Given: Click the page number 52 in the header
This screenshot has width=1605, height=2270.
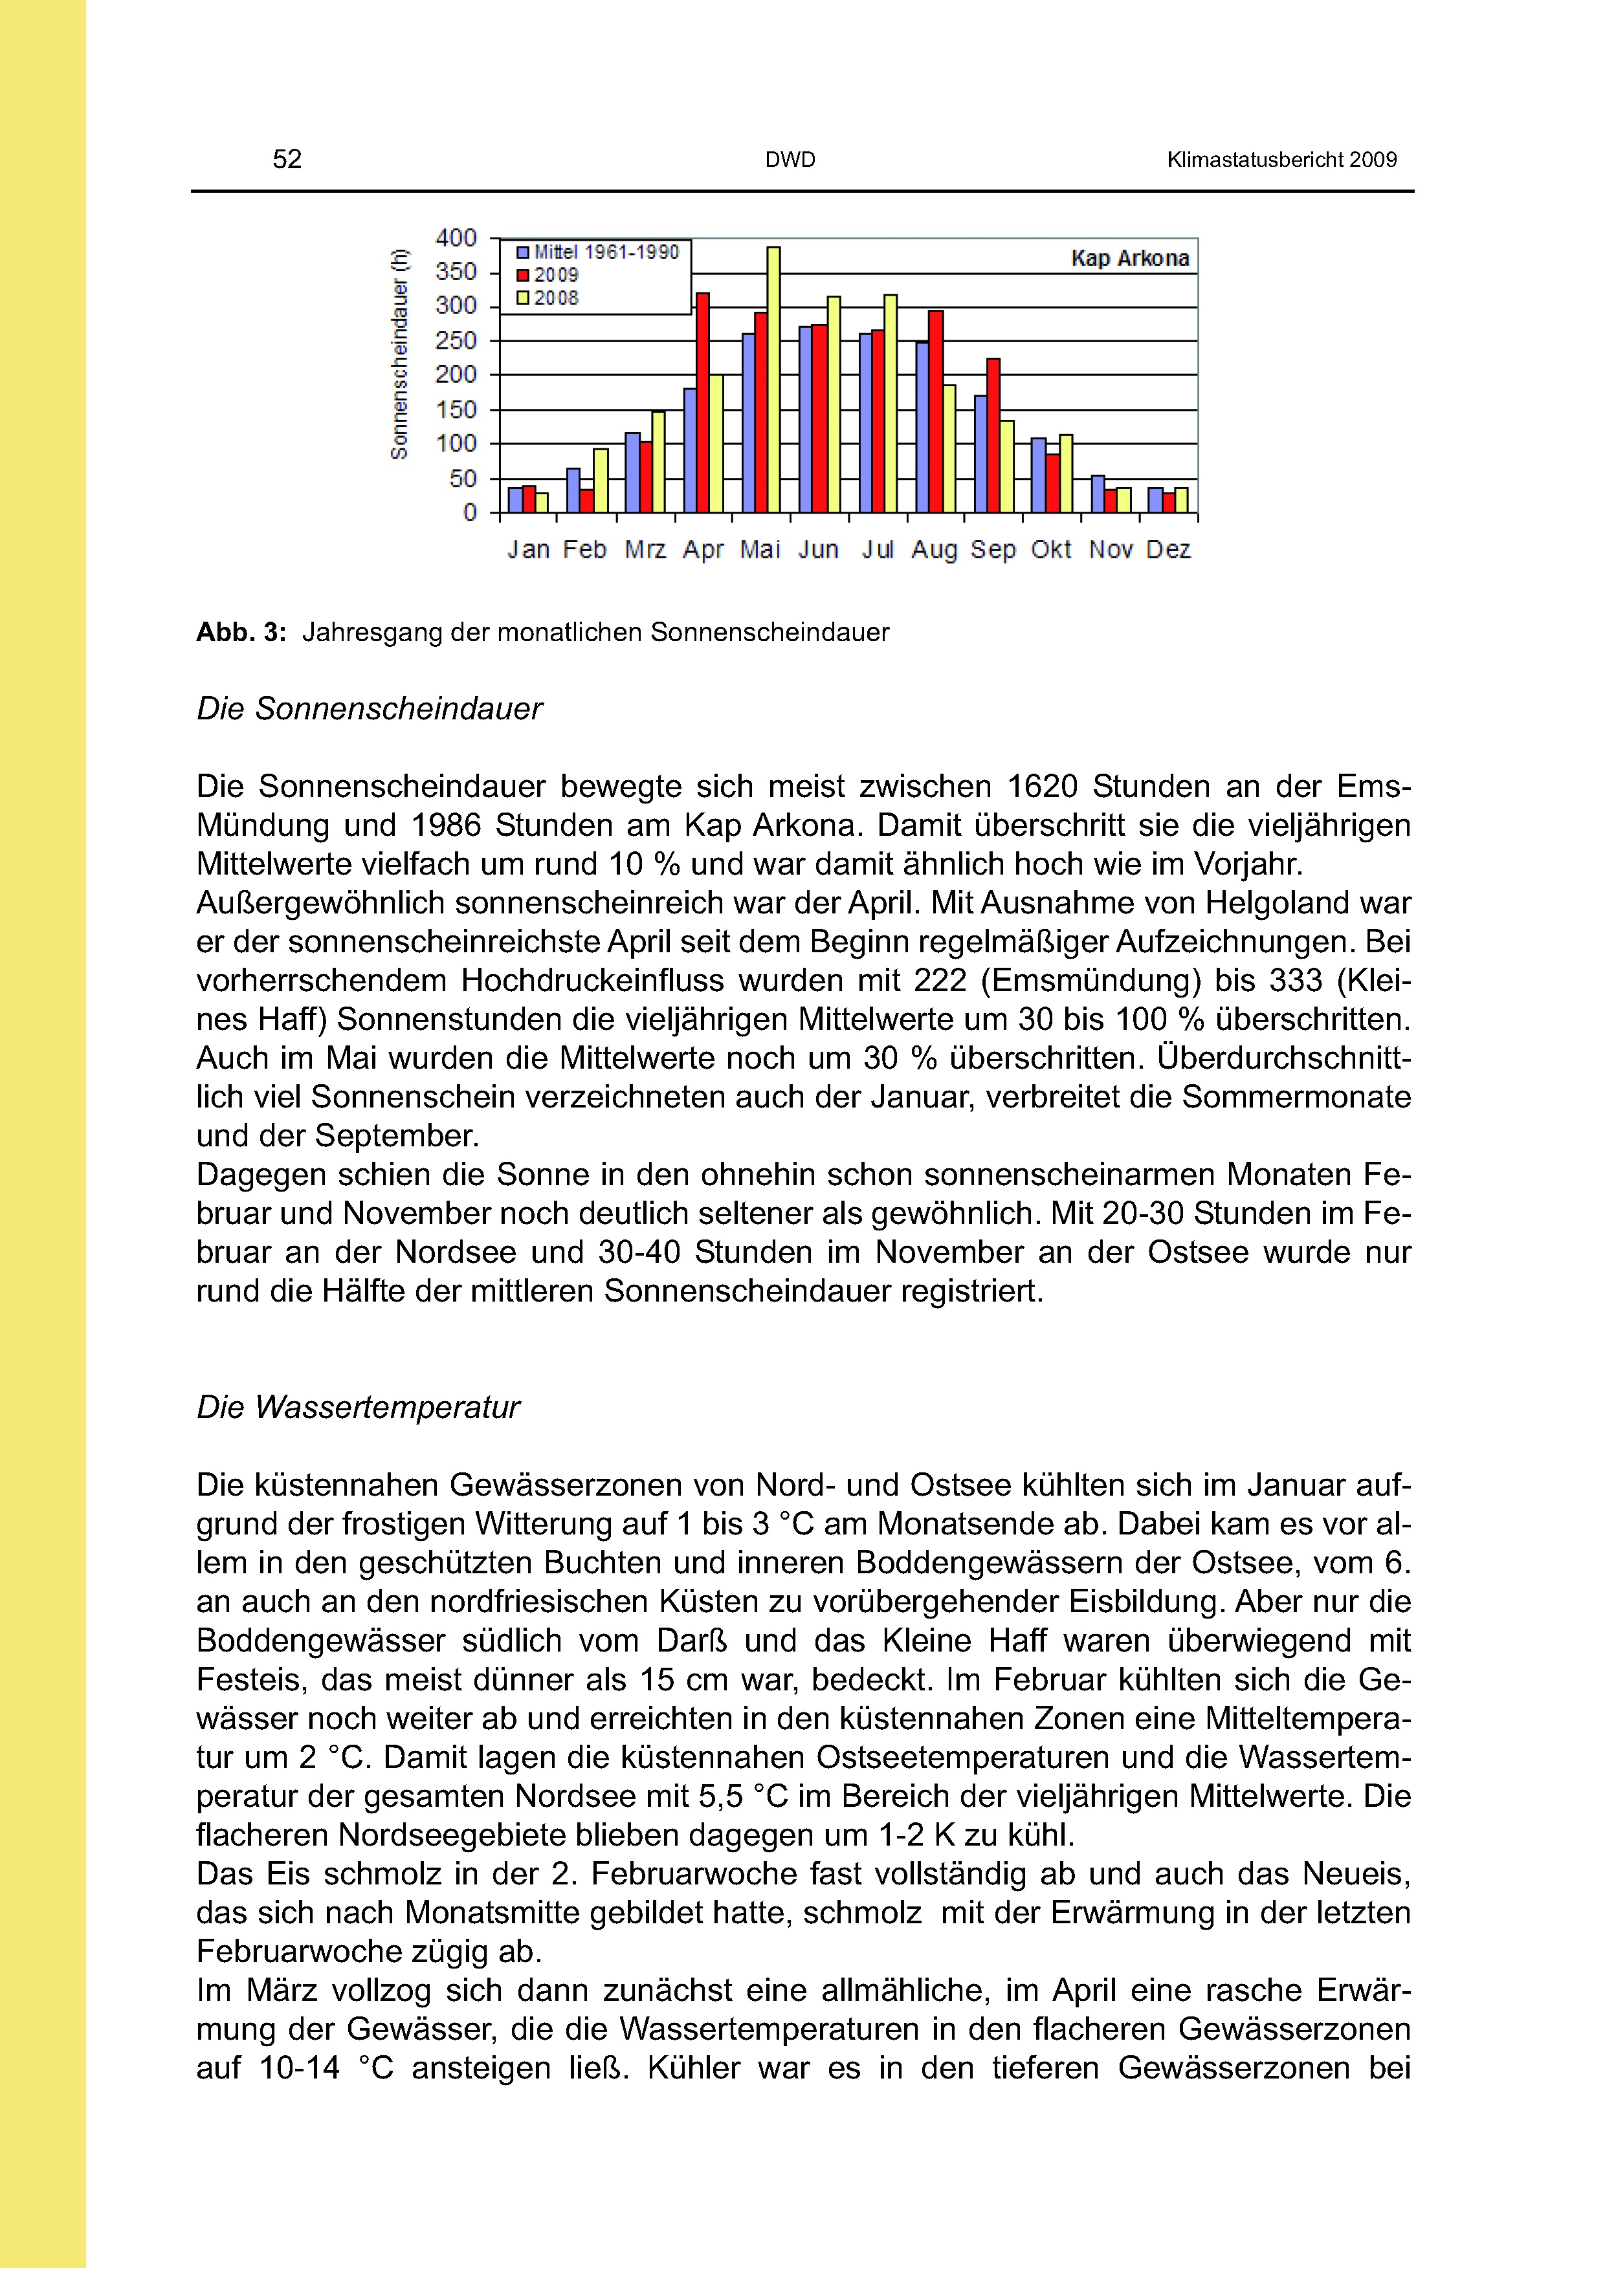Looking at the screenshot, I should (x=287, y=159).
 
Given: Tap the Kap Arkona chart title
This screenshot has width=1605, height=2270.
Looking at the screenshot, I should (x=1129, y=258).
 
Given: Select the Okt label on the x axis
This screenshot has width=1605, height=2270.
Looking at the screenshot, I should (x=1050, y=550).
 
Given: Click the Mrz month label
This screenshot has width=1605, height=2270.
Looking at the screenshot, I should (x=645, y=550).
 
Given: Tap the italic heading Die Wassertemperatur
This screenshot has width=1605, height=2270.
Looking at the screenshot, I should (x=358, y=1407).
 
